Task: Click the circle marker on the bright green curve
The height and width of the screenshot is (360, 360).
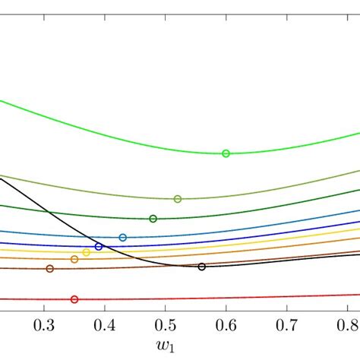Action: click(226, 153)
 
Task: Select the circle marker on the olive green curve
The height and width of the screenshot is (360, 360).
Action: click(178, 199)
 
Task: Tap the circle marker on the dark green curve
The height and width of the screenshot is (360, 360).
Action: click(153, 219)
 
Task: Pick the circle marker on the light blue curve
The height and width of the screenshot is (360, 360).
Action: click(123, 238)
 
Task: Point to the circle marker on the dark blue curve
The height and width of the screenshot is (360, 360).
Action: click(99, 247)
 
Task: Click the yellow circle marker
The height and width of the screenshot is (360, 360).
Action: click(87, 252)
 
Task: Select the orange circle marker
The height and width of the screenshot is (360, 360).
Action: click(74, 260)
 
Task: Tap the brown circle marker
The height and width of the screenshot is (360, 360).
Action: click(50, 269)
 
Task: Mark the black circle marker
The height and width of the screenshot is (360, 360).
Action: click(201, 267)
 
